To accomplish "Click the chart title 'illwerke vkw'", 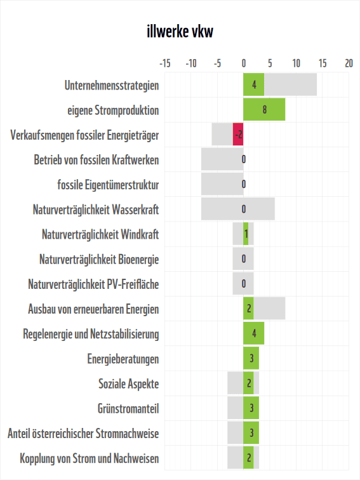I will (x=180, y=32).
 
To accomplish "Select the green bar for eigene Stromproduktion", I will (x=264, y=110).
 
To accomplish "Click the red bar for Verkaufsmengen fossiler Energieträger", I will (x=238, y=135).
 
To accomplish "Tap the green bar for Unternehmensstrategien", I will (x=253, y=85).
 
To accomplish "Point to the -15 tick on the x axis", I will (x=164, y=63).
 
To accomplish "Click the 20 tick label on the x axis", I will (x=349, y=63).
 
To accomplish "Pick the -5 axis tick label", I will (x=217, y=63).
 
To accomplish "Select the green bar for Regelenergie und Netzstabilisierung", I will (x=253, y=333).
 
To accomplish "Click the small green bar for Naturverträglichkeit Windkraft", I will (x=246, y=234).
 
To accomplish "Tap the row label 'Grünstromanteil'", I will (x=128, y=408).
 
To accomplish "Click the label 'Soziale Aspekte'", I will (x=128, y=383).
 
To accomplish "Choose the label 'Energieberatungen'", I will (x=123, y=359).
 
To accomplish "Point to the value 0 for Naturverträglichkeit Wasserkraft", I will (x=244, y=209).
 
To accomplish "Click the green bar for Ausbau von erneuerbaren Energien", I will (x=248, y=309).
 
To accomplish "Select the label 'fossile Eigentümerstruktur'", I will (x=108, y=185).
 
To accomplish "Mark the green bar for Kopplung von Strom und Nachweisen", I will (x=248, y=458).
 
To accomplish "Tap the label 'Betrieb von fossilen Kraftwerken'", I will (x=97, y=159).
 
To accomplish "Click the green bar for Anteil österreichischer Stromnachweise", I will (x=251, y=433).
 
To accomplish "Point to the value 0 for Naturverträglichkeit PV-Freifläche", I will (x=244, y=284).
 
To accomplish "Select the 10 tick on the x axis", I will (x=296, y=63).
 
